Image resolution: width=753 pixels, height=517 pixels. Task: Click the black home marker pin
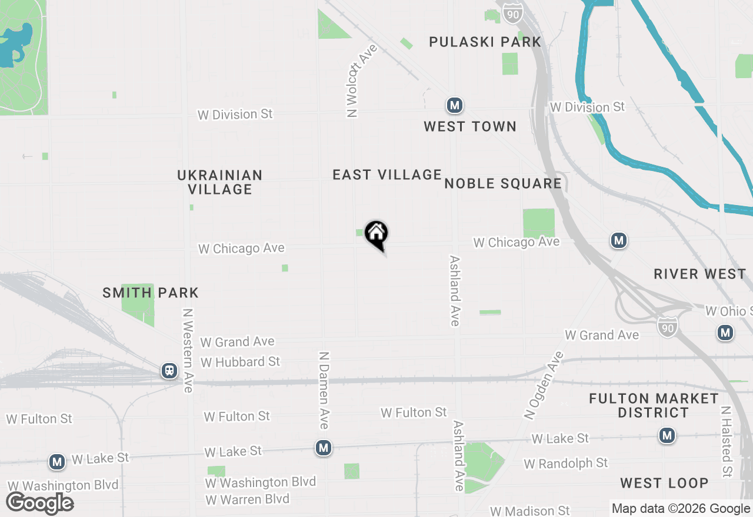point(376,234)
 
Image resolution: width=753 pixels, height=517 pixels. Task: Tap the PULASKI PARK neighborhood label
point(485,42)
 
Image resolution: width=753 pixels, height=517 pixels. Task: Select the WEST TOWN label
point(470,126)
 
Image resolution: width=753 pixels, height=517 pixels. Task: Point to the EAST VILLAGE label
point(387,174)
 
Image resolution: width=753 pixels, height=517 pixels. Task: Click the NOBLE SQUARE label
point(503,183)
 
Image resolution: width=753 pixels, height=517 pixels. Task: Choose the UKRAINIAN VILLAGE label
point(220,182)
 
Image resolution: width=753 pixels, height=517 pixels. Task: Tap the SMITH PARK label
point(151,293)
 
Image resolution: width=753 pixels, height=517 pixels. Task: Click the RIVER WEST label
point(700,274)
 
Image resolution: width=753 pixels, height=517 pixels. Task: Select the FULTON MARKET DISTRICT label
point(654,405)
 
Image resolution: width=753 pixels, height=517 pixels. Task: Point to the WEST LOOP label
point(664,483)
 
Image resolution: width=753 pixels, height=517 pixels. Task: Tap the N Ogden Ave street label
point(544,385)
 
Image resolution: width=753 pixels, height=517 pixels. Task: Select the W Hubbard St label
point(241,362)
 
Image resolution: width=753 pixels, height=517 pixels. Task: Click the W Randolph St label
point(566,464)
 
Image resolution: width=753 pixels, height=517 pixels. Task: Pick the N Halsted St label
point(727,441)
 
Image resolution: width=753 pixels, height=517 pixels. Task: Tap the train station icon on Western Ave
point(169,371)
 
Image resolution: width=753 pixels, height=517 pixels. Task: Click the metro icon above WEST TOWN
point(454,106)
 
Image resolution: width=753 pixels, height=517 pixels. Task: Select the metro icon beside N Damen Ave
point(323,448)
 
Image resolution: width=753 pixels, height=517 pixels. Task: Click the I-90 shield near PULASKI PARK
point(513,14)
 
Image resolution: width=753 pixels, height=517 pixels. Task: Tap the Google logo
point(40,503)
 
